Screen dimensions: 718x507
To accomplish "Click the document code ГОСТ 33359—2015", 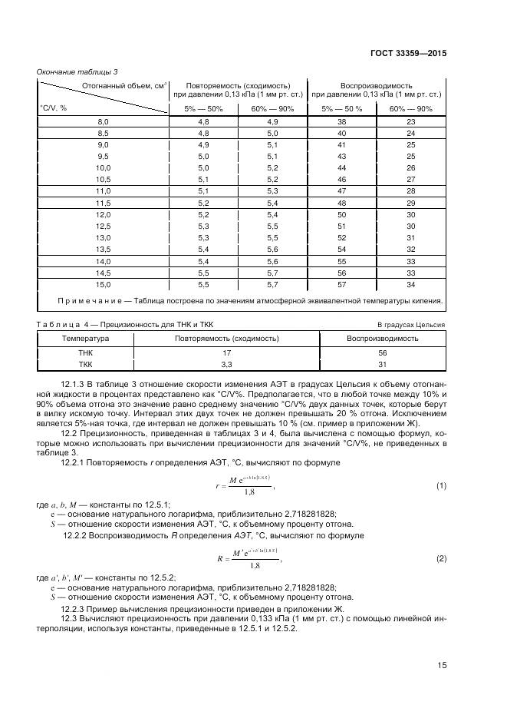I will (x=410, y=54).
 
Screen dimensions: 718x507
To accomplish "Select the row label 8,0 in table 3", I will (x=103, y=122).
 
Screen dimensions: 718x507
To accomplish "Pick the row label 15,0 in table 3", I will (x=103, y=284).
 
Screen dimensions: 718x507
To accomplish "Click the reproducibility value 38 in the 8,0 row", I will (x=342, y=122).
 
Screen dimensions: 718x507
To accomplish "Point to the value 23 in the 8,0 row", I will (x=411, y=122).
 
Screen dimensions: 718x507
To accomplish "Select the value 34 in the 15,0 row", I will (x=411, y=284).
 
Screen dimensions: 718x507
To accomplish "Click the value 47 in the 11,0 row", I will (x=342, y=190).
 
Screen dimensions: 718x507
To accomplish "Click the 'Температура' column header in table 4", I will (x=86, y=338).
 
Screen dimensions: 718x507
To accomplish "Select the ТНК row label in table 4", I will (x=86, y=352).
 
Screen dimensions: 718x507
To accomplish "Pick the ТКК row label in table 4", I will (x=86, y=364).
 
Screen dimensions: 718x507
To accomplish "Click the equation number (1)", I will (x=441, y=486).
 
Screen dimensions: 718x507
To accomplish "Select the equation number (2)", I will (x=441, y=558).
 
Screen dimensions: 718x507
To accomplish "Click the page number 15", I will (x=442, y=666).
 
